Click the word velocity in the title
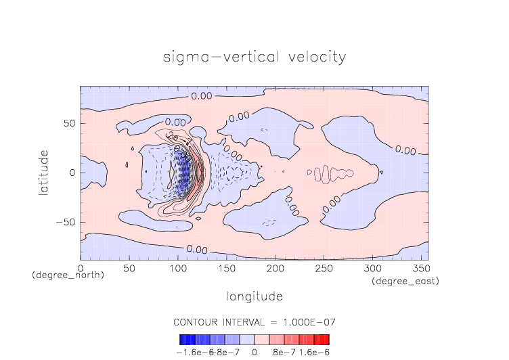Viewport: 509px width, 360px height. click(x=315, y=57)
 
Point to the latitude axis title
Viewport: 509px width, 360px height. click(x=43, y=173)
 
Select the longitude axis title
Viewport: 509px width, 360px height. click(x=255, y=296)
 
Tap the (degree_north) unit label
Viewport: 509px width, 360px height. click(x=68, y=275)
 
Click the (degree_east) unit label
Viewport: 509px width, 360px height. click(x=405, y=281)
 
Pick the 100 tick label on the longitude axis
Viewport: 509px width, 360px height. click(x=177, y=269)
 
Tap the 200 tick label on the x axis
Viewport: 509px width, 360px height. click(x=275, y=269)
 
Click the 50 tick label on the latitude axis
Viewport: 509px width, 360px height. click(x=68, y=124)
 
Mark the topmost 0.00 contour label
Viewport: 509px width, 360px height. click(x=202, y=96)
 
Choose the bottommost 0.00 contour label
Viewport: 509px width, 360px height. click(x=196, y=250)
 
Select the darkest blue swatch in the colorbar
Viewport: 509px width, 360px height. click(x=187, y=340)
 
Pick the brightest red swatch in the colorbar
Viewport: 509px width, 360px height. click(x=322, y=340)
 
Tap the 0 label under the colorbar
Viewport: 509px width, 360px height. click(x=254, y=353)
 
